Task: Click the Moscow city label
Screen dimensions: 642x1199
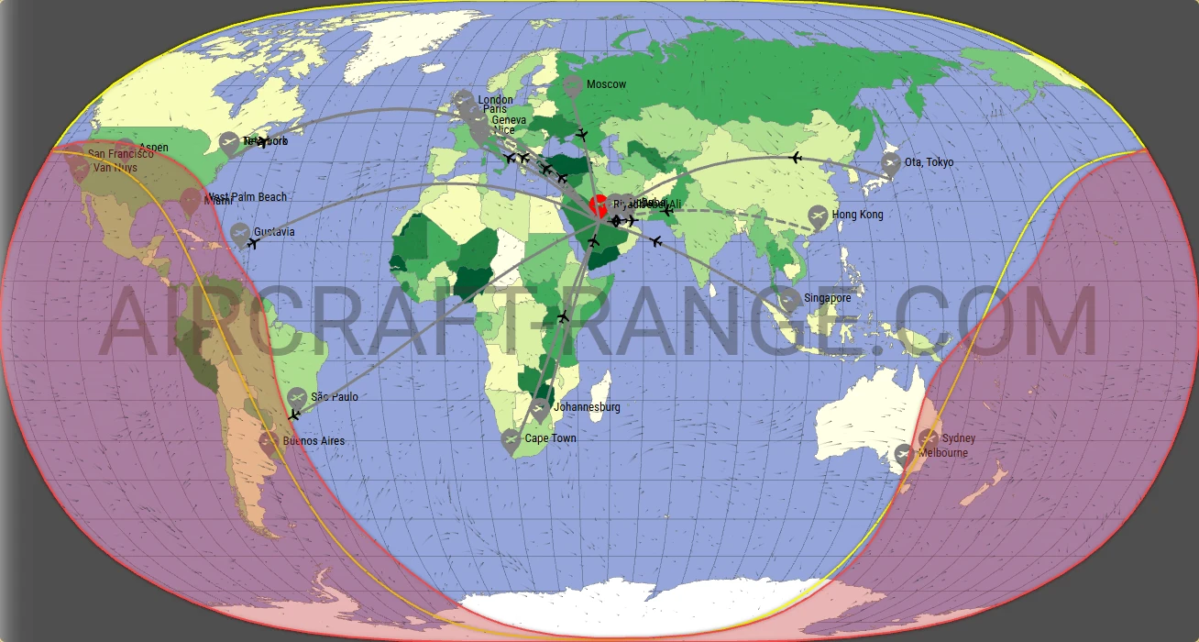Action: pyautogui.click(x=606, y=84)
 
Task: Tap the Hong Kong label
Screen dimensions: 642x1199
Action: pyautogui.click(x=857, y=215)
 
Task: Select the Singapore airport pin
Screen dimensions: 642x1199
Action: pyautogui.click(x=790, y=302)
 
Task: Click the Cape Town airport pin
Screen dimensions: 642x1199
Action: pyautogui.click(x=511, y=441)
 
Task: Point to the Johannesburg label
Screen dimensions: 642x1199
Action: pyautogui.click(x=588, y=407)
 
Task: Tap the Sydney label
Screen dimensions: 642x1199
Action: pyautogui.click(x=959, y=438)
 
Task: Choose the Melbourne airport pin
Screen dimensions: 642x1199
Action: pyautogui.click(x=903, y=455)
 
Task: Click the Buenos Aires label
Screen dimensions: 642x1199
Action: pyautogui.click(x=313, y=441)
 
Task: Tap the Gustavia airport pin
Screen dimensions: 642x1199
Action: pyautogui.click(x=240, y=234)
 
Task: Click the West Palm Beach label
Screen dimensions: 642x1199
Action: pyautogui.click(x=247, y=197)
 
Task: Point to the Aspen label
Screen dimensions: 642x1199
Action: pyautogui.click(x=153, y=148)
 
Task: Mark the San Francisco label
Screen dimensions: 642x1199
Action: pyautogui.click(x=120, y=155)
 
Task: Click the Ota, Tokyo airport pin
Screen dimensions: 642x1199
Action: pyautogui.click(x=890, y=164)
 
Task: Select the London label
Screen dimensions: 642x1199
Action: pyautogui.click(x=495, y=100)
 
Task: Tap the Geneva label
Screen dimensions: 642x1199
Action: pyautogui.click(x=509, y=120)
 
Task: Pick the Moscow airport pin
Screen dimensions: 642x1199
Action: pyautogui.click(x=573, y=87)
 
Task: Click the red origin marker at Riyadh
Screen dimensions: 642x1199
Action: pyautogui.click(x=598, y=205)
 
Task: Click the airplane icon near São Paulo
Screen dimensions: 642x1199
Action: pyautogui.click(x=293, y=415)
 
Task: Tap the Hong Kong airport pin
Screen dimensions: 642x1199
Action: pyautogui.click(x=818, y=217)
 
